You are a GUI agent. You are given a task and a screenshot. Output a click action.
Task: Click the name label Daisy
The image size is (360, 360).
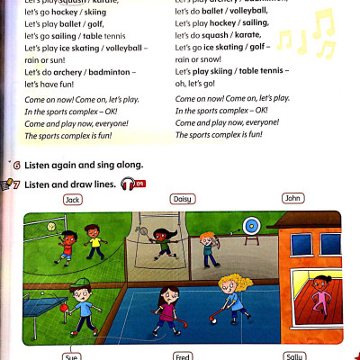[183, 198]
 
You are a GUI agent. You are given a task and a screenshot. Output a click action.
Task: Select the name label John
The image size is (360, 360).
[293, 198]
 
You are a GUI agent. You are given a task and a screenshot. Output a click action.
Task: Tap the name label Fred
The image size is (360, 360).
[183, 356]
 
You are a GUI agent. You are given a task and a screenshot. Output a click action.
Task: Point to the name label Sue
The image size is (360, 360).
[72, 356]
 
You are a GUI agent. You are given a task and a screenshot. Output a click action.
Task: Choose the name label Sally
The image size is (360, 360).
[294, 356]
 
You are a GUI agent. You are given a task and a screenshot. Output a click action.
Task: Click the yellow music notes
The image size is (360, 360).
[306, 36]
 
